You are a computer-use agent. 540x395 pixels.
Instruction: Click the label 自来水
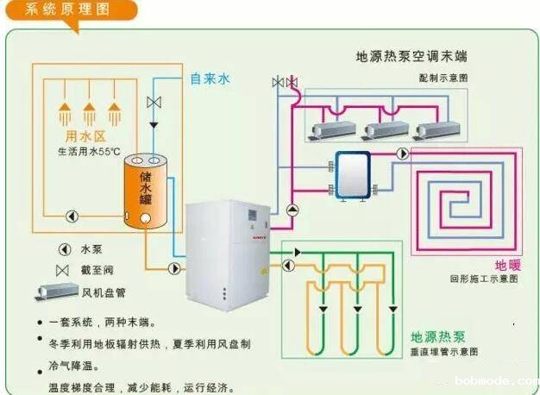click(210, 78)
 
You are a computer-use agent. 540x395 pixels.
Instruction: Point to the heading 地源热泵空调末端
click(411, 57)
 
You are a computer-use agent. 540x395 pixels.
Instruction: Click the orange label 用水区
click(85, 137)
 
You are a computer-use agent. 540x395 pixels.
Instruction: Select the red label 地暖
click(507, 265)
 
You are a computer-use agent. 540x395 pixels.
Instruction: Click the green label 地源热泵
click(439, 336)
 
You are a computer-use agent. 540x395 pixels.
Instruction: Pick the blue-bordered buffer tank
click(353, 175)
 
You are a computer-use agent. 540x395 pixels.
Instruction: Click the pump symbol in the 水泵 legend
click(64, 248)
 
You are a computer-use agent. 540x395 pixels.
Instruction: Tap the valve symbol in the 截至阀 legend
click(63, 271)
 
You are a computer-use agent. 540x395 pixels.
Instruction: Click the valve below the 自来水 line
click(154, 103)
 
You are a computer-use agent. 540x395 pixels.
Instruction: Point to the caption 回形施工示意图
click(484, 279)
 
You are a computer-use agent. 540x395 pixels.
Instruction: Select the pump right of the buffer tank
click(402, 154)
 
